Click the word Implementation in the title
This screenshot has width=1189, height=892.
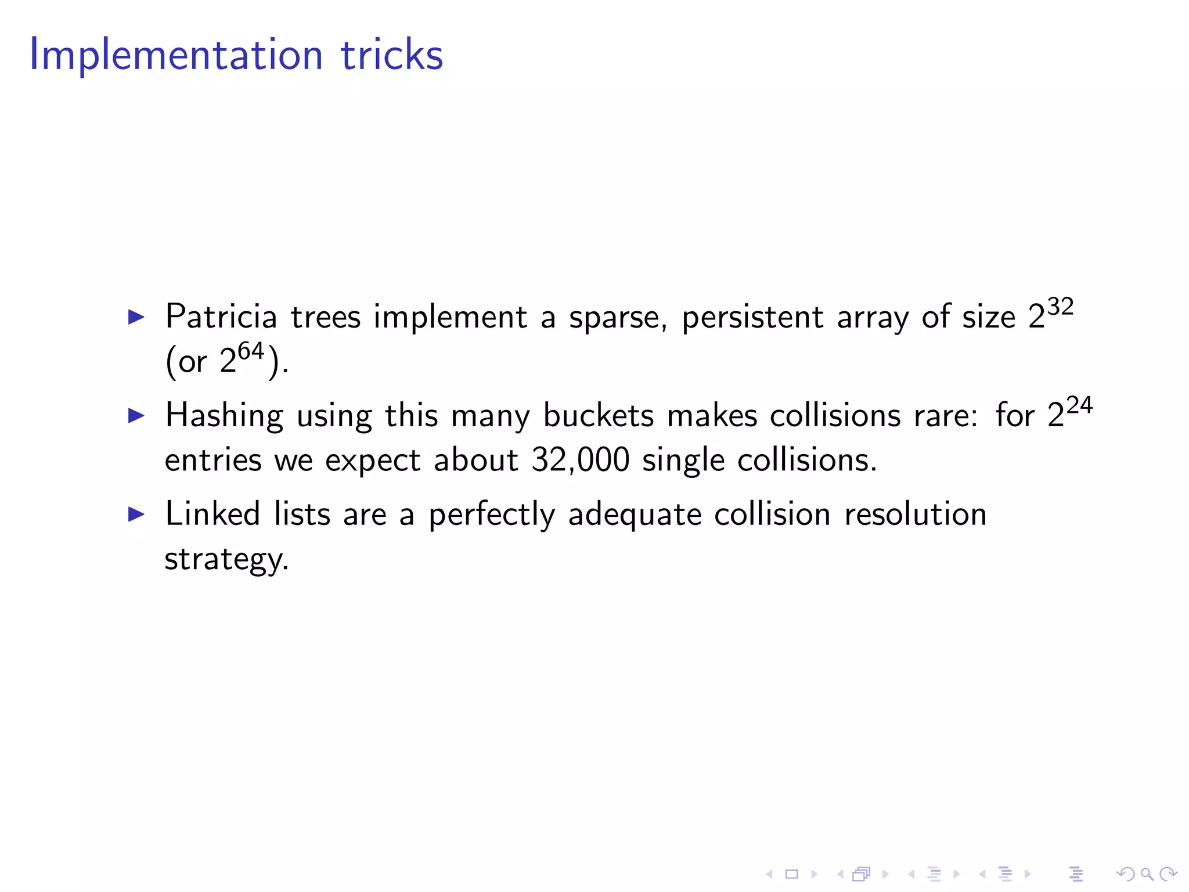tap(175, 55)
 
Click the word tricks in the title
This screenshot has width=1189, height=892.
tap(392, 55)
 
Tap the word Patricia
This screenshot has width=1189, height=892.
tap(221, 318)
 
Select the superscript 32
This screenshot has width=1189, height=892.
tap(1060, 307)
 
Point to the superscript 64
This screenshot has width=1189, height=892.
tap(251, 351)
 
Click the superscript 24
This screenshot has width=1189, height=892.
tap(1079, 405)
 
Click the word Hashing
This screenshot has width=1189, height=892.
tap(224, 416)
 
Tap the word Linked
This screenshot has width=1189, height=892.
tap(212, 515)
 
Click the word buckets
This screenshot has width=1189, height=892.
tap(599, 416)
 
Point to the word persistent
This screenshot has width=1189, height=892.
tap(752, 318)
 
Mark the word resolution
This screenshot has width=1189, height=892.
tap(916, 515)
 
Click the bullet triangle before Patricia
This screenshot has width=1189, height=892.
tap(136, 317)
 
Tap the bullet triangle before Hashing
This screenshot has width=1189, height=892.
tap(136, 416)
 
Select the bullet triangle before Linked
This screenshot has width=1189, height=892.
tap(136, 514)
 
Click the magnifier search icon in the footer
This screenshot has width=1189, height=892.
tap(1147, 874)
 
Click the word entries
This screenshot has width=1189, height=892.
tap(213, 461)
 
